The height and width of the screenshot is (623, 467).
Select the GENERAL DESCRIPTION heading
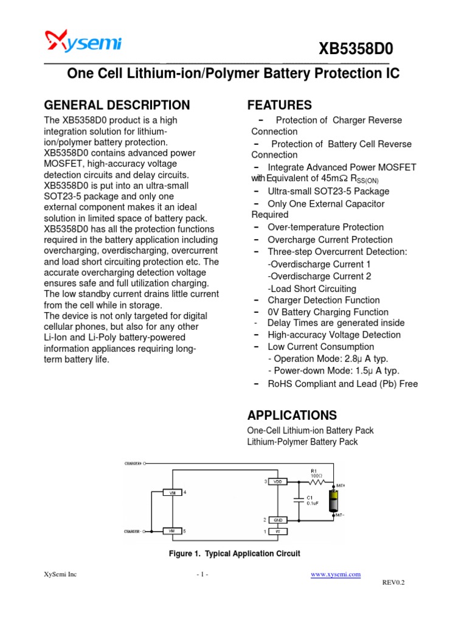(117, 105)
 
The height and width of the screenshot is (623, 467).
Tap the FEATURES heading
(279, 105)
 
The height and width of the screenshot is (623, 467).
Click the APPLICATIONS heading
(292, 416)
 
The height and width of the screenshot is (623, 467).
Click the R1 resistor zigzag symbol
(318, 481)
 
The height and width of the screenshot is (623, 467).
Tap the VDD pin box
(278, 481)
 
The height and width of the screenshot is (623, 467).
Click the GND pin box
(278, 520)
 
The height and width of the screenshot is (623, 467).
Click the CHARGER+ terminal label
(133, 463)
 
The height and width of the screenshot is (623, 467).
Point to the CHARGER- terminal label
(133, 531)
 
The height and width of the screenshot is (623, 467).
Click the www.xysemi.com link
(336, 574)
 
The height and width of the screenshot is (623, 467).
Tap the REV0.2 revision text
(393, 582)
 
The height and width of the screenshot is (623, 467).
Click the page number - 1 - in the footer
(202, 574)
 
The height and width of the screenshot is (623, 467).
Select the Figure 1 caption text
(234, 554)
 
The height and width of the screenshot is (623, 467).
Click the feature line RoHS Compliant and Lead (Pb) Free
(342, 384)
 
